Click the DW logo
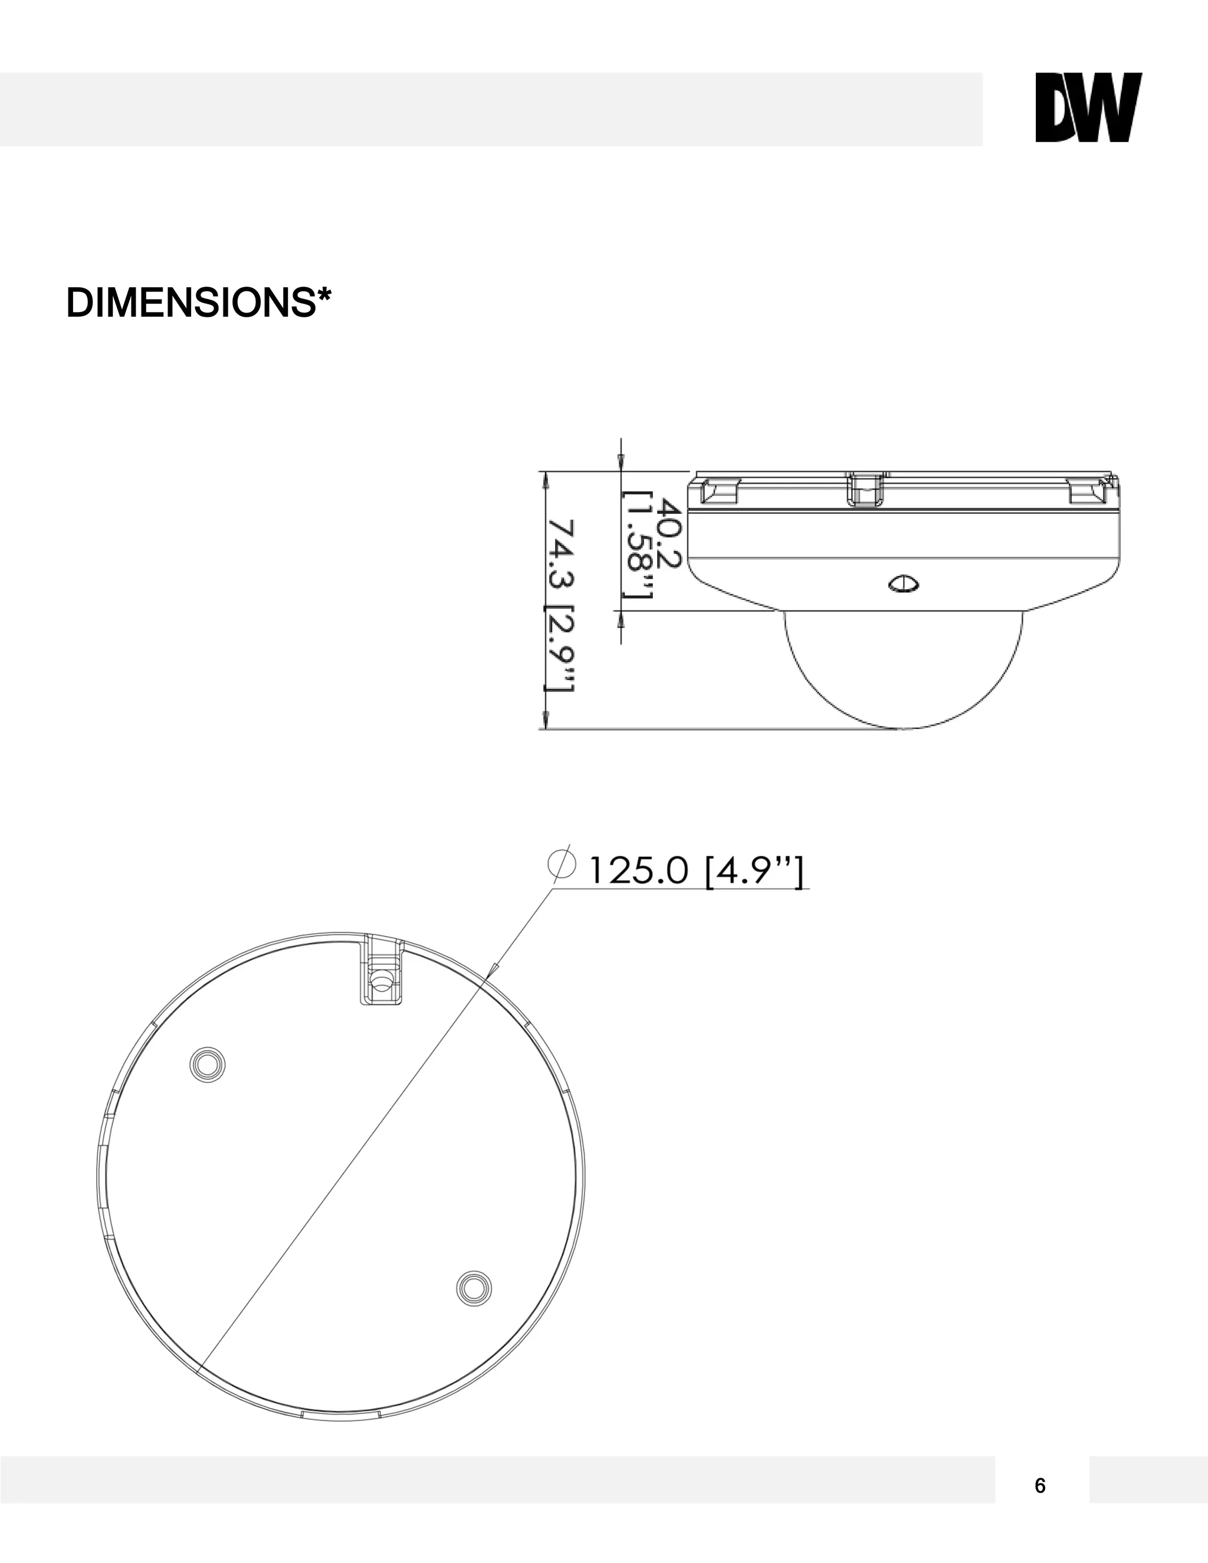pos(1088,107)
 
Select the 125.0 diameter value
pos(638,872)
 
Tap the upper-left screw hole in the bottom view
pos(208,1065)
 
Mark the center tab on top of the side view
pos(865,490)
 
